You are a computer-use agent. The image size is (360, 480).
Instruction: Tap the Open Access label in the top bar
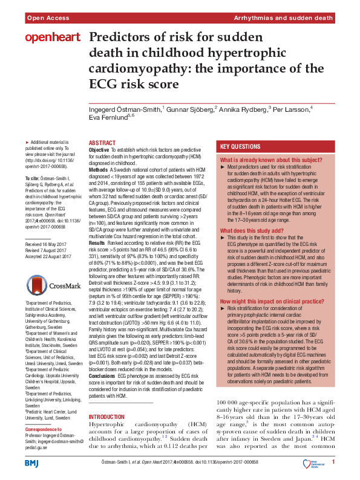46,19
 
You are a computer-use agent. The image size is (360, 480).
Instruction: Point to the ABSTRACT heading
102,143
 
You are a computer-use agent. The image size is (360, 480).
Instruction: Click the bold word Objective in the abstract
99,149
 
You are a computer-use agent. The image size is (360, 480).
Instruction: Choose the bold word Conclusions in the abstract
102,375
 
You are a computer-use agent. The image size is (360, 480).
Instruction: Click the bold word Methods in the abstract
99,169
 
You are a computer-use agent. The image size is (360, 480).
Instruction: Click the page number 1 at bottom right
333,462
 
